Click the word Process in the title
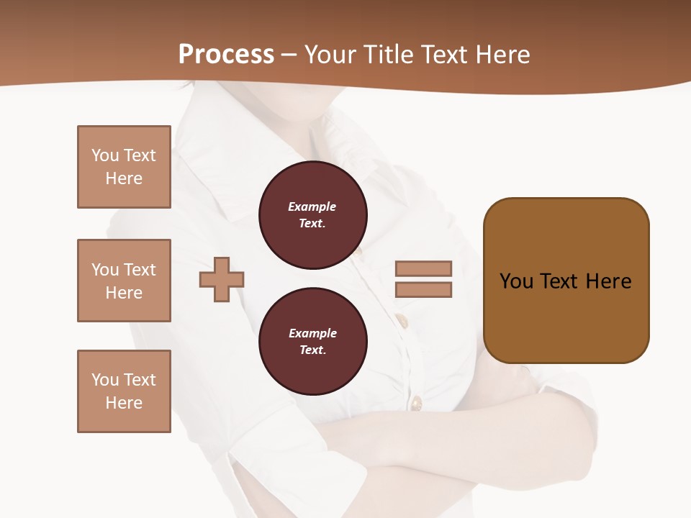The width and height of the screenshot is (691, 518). point(226,55)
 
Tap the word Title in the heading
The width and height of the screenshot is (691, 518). point(391,55)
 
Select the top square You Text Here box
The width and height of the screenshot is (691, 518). point(124,167)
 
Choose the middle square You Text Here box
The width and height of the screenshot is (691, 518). point(124,281)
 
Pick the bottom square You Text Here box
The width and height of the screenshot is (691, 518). point(124,391)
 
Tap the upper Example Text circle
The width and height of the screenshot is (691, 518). point(313,215)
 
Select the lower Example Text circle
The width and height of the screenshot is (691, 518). point(313,342)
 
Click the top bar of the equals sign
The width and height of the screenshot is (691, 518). point(423,268)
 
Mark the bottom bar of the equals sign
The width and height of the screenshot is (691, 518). point(423,290)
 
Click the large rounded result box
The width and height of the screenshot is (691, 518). point(566,281)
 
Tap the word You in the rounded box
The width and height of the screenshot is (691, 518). point(516,281)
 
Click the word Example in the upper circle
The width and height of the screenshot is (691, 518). point(312,206)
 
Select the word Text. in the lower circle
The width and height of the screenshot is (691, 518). point(312,350)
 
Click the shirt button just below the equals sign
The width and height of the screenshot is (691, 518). point(402,319)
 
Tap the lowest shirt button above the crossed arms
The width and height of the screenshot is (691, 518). point(416,402)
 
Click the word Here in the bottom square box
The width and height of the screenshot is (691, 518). point(124,403)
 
